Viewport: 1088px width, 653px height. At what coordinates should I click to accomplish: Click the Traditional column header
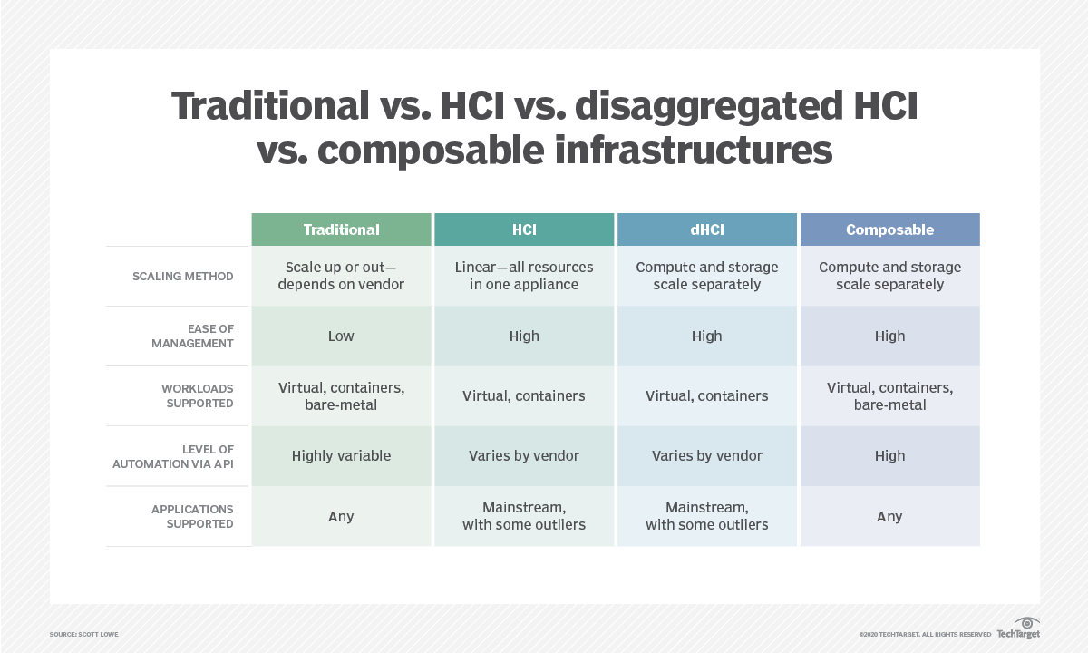341,229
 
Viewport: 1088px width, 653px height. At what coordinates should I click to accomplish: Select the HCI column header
524,229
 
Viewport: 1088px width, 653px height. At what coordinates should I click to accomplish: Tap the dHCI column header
707,229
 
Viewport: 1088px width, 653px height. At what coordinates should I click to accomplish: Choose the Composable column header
889,229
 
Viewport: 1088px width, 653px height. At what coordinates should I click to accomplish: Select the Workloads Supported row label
197,395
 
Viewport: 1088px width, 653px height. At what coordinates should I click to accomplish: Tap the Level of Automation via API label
173,456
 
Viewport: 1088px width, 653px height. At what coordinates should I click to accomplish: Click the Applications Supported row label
192,516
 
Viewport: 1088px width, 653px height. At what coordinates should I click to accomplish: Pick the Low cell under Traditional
341,336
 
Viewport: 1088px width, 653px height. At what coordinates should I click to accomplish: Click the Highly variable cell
341,456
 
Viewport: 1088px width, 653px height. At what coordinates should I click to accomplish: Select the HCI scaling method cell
524,276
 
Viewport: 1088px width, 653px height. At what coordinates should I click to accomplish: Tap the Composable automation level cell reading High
889,456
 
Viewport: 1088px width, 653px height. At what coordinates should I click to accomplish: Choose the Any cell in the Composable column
889,516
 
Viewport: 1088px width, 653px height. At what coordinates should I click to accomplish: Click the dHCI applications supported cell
707,516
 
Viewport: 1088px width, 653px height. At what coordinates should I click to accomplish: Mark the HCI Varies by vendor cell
524,456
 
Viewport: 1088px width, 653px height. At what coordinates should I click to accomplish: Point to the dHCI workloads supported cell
707,395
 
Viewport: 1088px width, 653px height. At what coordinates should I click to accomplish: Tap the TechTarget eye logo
1027,623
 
